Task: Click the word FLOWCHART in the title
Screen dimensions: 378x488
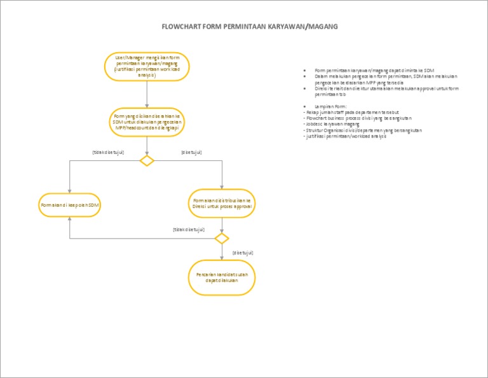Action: point(181,27)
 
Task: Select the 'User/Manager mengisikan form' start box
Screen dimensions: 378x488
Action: point(147,66)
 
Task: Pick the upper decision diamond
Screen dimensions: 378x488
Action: point(147,160)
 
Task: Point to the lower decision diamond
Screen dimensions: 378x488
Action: point(221,239)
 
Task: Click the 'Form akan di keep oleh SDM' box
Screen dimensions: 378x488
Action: point(71,205)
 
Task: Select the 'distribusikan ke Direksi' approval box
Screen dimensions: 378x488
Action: point(222,204)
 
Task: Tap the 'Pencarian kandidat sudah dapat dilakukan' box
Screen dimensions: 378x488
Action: point(222,277)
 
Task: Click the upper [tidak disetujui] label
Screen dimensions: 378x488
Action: point(107,152)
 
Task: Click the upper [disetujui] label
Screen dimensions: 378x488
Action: point(191,152)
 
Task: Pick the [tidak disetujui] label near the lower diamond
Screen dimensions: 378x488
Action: point(189,229)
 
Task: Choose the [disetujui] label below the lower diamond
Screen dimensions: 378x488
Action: point(243,253)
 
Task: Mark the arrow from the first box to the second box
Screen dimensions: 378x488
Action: point(147,94)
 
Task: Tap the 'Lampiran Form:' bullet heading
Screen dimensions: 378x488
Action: point(330,106)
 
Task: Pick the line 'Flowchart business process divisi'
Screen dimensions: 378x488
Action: point(359,118)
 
